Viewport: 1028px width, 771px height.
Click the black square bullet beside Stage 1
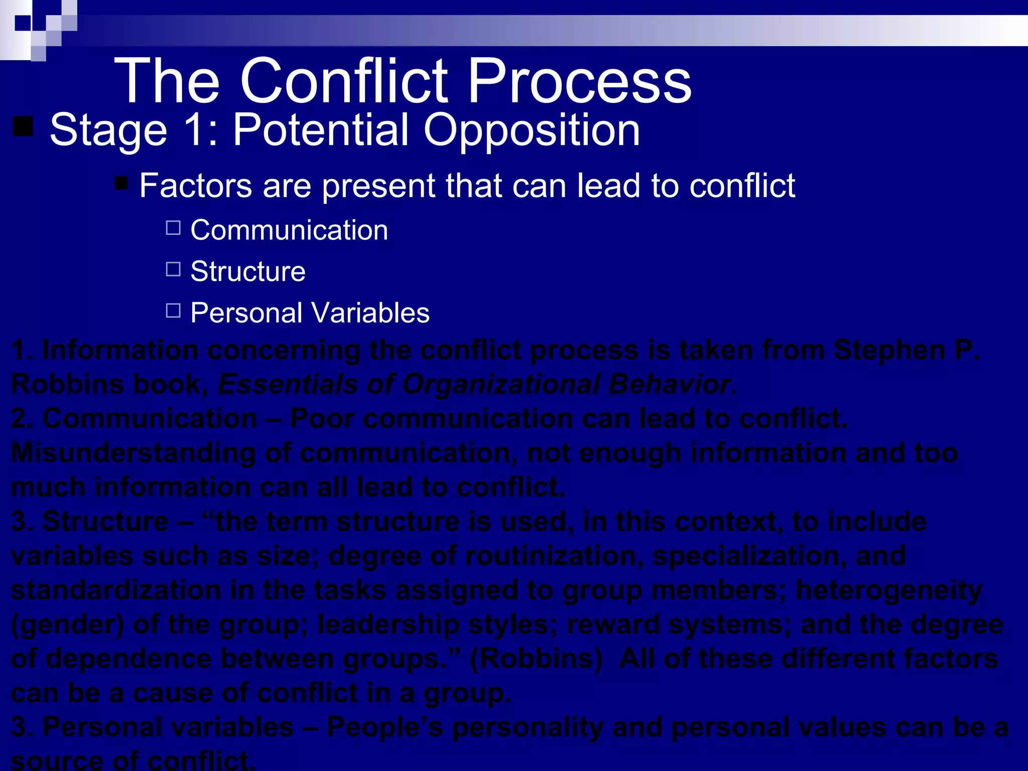click(23, 126)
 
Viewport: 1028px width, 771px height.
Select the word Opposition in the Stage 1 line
click(532, 131)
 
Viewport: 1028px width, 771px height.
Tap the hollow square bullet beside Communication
click(173, 228)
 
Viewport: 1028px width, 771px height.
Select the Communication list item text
click(289, 230)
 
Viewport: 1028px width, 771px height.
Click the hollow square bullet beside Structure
click(173, 270)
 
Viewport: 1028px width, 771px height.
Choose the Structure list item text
click(248, 272)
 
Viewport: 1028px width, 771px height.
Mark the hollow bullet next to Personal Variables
click(173, 311)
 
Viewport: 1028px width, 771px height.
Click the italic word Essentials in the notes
click(288, 384)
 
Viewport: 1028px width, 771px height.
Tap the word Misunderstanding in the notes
click(133, 453)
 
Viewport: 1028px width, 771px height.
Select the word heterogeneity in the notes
click(888, 590)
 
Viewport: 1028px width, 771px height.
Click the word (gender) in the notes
click(67, 625)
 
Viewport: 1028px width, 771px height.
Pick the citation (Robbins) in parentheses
click(536, 659)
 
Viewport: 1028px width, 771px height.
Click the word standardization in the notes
click(115, 590)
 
